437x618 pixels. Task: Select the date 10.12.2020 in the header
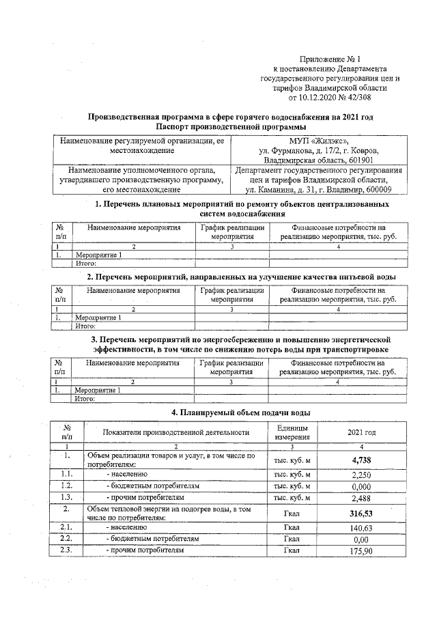[312, 96]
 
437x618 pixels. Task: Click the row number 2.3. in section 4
[66, 550]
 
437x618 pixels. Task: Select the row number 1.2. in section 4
[66, 486]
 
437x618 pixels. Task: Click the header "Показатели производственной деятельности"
[175, 432]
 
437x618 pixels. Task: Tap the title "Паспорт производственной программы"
[230, 127]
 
